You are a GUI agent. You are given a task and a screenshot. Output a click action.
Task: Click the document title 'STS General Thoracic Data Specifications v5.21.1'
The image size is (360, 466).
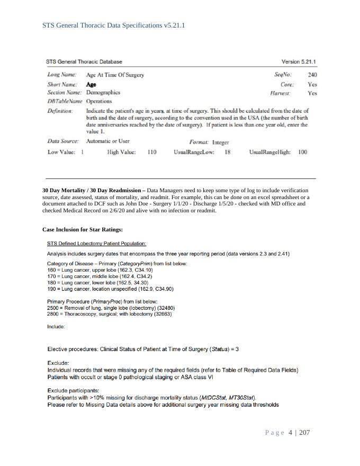tap(114, 25)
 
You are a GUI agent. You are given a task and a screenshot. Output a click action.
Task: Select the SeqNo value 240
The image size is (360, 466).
tap(312, 75)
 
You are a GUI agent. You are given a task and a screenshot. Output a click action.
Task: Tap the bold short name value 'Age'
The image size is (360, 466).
tap(91, 84)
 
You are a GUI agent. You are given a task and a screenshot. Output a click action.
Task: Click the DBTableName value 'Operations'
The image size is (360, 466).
tap(99, 101)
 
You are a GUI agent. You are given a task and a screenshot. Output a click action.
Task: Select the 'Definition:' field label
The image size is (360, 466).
tap(60, 110)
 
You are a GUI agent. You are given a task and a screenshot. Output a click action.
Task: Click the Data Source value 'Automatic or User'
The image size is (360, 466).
tap(108, 141)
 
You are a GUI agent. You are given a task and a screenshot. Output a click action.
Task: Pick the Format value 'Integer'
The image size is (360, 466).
tap(220, 142)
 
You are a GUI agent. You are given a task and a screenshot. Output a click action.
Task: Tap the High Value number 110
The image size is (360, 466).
tap(152, 152)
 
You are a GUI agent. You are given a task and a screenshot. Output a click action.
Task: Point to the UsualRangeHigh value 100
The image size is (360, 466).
tap(302, 152)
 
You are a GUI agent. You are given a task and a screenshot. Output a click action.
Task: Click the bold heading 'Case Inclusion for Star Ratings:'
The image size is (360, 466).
tap(82, 229)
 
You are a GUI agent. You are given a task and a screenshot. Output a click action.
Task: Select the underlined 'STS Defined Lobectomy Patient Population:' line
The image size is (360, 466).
tap(97, 244)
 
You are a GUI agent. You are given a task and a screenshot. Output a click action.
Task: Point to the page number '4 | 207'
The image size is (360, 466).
tap(299, 433)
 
